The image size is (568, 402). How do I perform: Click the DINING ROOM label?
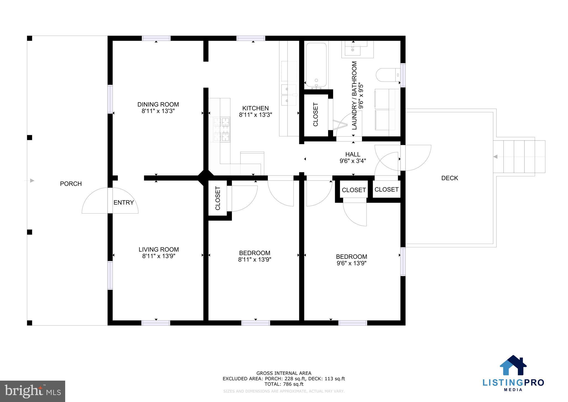point(158,104)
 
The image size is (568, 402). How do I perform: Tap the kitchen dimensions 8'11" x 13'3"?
point(255,115)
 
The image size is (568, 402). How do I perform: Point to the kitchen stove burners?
point(222,130)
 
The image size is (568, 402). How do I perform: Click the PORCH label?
point(71,184)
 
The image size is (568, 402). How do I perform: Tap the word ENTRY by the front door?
point(124,203)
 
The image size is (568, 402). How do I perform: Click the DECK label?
point(450,178)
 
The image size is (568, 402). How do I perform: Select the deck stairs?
point(519,157)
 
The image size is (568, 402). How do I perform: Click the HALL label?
point(353,154)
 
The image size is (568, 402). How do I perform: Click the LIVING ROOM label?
point(159,249)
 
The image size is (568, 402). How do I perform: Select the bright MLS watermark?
point(32,391)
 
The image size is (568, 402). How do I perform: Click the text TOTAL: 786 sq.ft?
point(284,384)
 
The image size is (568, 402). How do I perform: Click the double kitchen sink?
point(288,95)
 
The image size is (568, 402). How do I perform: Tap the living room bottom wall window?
point(156,323)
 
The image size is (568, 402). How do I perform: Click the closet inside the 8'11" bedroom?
point(218,198)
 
